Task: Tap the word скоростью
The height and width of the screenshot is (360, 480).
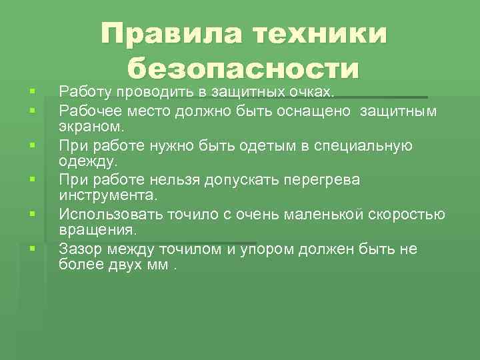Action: click(407, 215)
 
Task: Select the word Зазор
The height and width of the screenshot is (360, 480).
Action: click(79, 249)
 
